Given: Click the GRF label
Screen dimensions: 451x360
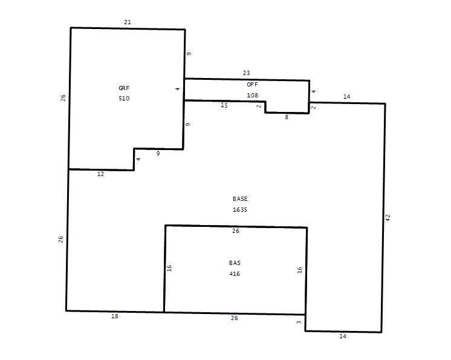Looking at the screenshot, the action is pos(124,88).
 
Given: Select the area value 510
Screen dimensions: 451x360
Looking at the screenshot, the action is pos(124,99).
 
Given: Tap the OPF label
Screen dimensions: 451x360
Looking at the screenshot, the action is pos(252,85).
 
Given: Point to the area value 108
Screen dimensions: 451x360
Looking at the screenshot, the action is pos(252,95).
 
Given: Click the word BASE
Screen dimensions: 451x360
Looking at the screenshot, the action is pos(240,199).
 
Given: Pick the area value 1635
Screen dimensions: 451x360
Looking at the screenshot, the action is pos(240,210).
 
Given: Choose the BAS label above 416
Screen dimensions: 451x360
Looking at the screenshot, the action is pos(235,263).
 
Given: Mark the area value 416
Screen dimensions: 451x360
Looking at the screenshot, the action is pos(235,273).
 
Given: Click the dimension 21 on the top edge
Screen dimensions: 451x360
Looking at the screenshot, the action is pos(128,22).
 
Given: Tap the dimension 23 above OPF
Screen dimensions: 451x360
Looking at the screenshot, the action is pos(246,73).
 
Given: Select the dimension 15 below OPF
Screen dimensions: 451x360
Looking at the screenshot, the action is pos(224,106).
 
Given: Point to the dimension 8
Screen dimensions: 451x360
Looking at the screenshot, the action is pos(287,117).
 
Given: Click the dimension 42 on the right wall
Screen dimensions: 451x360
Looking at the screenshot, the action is pos(388,218).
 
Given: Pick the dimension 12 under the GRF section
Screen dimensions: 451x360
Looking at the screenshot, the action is pos(100,174).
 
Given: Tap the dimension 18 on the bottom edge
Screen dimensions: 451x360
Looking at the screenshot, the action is pos(114,316).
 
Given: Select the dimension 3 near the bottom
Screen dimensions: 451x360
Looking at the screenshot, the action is pos(299,322).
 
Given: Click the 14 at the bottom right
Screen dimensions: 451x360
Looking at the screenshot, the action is pos(343,336).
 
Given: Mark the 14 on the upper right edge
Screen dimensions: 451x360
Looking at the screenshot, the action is pos(346,97).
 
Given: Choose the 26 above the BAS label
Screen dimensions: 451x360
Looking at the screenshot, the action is pos(236,231).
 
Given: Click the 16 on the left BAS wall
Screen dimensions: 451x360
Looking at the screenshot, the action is pos(169,268).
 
